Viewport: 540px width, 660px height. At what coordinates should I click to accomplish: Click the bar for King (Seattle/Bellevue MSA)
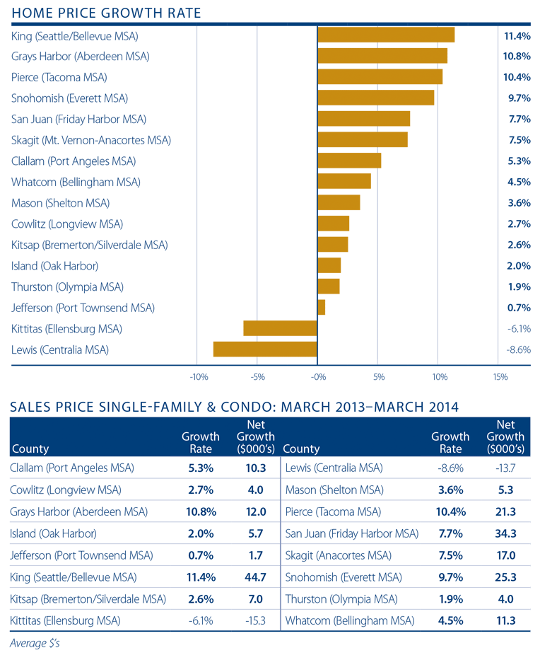[386, 35]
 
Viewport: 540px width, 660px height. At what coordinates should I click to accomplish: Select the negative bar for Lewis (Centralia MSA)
[265, 349]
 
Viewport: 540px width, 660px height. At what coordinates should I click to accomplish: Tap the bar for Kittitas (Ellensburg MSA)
[281, 328]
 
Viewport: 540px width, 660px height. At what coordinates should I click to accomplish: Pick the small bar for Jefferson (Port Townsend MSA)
[322, 308]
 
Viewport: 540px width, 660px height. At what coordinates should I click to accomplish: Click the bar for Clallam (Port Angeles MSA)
[349, 161]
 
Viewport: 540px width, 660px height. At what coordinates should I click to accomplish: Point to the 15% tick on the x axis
[500, 377]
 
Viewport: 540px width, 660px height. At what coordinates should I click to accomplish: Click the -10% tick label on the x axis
[198, 377]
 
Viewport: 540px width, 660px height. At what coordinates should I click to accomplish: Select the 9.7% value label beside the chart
[520, 98]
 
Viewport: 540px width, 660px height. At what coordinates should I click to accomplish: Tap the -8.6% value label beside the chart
[518, 349]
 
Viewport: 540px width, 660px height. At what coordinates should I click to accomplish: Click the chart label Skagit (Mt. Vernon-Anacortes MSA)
[91, 140]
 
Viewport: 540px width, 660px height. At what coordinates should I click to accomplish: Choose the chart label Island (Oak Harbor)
[54, 266]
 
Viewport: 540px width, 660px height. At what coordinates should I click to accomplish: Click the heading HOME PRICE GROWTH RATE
[107, 13]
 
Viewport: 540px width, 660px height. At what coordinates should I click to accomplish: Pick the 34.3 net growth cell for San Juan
[506, 534]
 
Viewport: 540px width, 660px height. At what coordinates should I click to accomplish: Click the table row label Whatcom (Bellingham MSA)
[350, 621]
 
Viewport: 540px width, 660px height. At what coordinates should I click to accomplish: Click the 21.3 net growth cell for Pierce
[506, 511]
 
